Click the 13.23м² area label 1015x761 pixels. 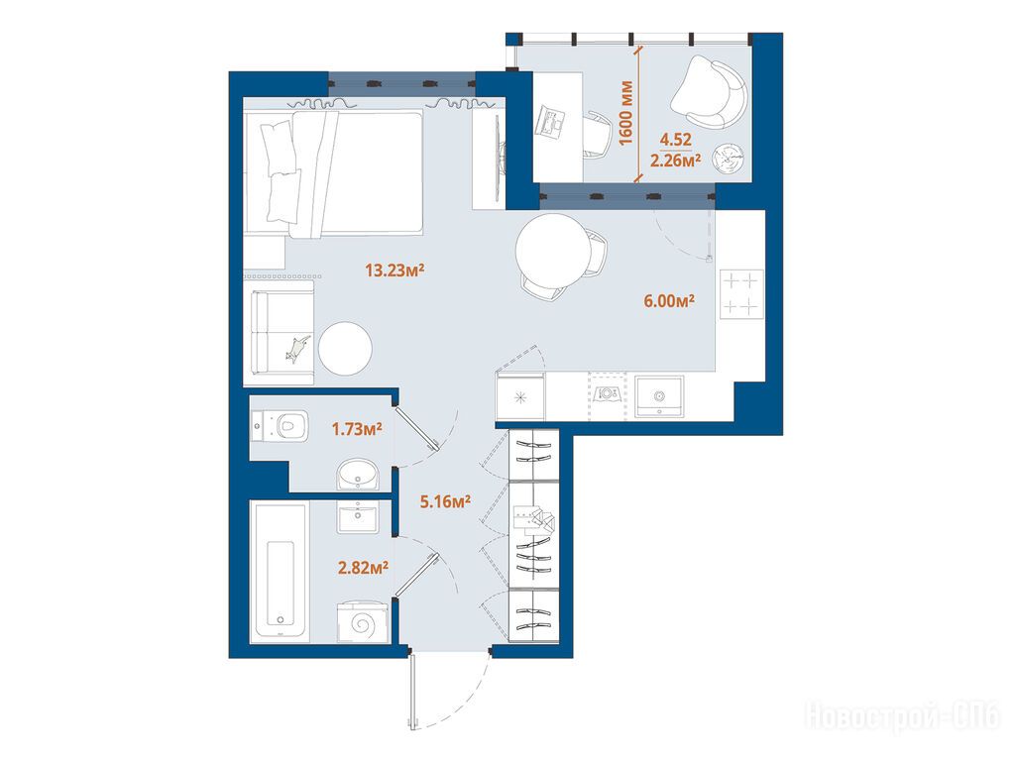[395, 270]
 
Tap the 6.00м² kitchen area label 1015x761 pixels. [669, 300]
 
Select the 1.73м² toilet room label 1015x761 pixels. [357, 428]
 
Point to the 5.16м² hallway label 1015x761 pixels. [445, 500]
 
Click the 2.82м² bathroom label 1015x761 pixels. [363, 568]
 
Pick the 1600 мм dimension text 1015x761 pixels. [626, 113]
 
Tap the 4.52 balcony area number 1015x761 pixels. [676, 139]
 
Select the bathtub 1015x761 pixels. [281, 573]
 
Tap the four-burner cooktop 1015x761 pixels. [740, 293]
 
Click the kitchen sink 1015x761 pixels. [659, 396]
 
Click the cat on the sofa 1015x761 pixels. [297, 348]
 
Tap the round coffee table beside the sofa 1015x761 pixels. [345, 349]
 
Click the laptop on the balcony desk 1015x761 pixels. [550, 122]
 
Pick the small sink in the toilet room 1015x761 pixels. [357, 474]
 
